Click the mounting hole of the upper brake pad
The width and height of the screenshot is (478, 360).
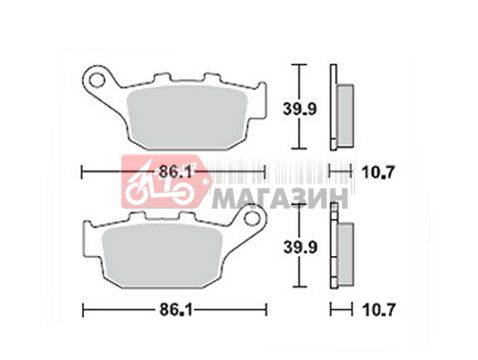(x=97, y=80)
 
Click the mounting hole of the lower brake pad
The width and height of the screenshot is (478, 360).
(x=252, y=218)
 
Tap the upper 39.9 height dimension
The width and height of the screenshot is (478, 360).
(x=299, y=108)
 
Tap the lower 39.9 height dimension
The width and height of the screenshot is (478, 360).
(x=300, y=247)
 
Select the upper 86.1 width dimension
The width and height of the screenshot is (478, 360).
(x=175, y=172)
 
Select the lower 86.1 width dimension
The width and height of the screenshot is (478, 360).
(x=176, y=310)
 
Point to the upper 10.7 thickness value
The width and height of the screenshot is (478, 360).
(x=378, y=172)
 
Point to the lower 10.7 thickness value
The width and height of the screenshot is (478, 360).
(x=379, y=310)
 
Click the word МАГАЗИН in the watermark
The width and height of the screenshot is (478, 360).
(x=280, y=198)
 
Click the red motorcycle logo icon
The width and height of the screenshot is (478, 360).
(x=165, y=182)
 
